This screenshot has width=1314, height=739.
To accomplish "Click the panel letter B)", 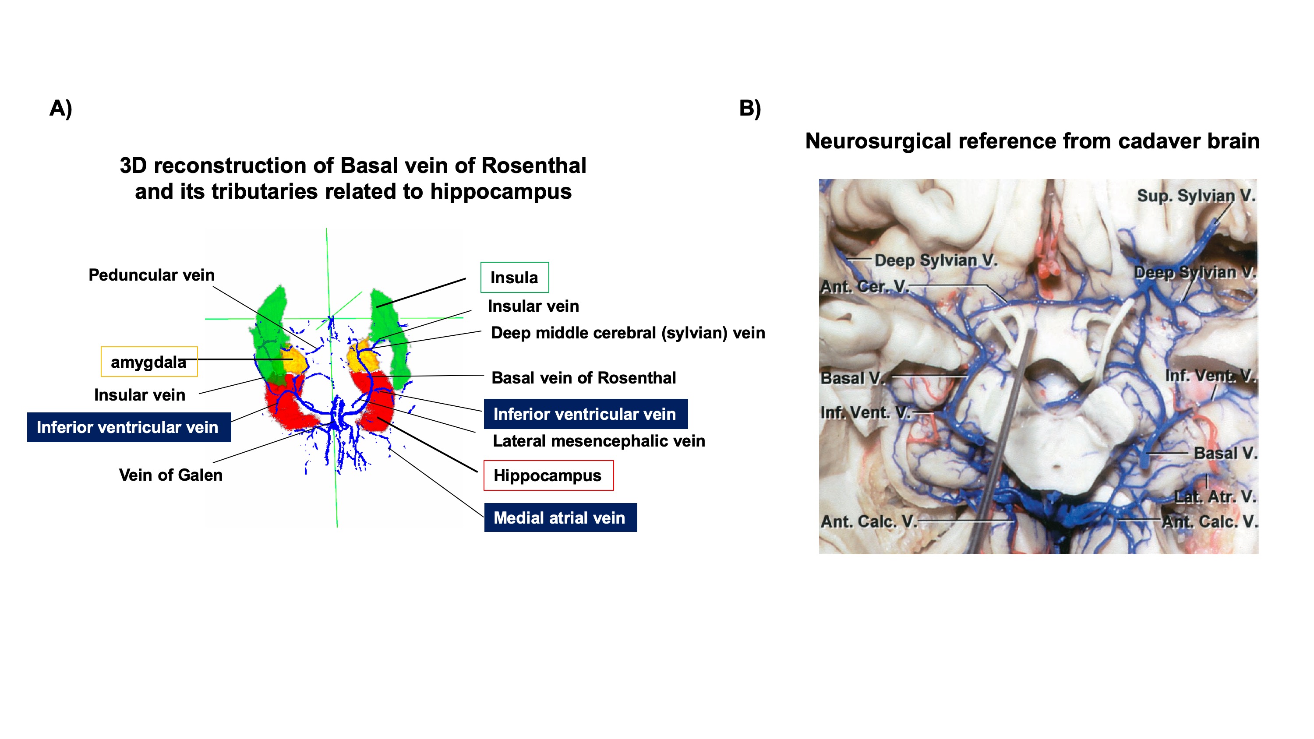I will [x=750, y=108].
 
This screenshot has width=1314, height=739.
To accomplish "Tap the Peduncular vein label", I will [x=152, y=275].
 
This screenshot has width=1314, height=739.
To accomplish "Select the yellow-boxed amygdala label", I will [x=149, y=362].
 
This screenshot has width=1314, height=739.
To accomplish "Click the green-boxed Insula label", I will [x=514, y=278].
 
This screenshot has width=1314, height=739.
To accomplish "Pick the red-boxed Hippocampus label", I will [x=548, y=475].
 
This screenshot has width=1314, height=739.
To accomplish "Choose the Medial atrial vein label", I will [x=560, y=517].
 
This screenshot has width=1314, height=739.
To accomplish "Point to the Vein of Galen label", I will [x=170, y=475].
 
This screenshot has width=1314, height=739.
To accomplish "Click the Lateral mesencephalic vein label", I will [x=598, y=441].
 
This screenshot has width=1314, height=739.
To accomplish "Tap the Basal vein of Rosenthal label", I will [x=583, y=378].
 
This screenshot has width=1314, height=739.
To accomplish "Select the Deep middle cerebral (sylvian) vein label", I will [x=627, y=333].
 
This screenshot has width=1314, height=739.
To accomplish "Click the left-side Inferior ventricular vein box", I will [x=128, y=427].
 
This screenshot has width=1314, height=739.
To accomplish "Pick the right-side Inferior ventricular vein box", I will [x=585, y=414].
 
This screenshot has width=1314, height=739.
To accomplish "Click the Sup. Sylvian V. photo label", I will [x=1195, y=195].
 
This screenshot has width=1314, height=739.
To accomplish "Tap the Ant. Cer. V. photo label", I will [x=864, y=287].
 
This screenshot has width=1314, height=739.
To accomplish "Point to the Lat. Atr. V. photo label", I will [x=1215, y=497].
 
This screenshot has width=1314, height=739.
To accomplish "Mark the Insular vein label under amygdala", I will [x=139, y=395].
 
